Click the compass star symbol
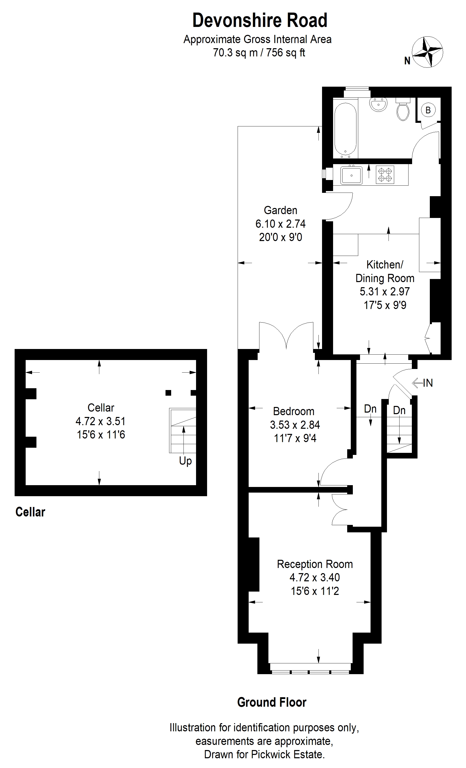tap(427, 52)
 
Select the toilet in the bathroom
tap(403, 110)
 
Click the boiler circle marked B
tap(428, 110)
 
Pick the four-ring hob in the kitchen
tap(385, 175)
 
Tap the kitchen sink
tap(352, 175)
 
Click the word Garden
tap(280, 210)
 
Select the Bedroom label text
tap(294, 411)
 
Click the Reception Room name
tap(315, 564)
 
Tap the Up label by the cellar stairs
tap(185, 461)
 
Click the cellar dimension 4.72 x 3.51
tap(100, 421)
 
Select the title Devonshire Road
tap(260, 21)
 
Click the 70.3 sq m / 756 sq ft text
tap(259, 53)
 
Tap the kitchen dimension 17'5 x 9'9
tap(385, 305)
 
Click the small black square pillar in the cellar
tap(168, 393)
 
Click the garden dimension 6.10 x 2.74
tap(280, 224)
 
